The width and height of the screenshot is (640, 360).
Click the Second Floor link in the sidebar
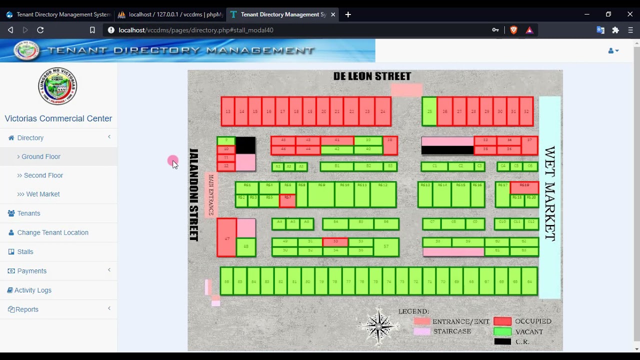click(x=43, y=175)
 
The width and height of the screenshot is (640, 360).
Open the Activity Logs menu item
click(x=33, y=290)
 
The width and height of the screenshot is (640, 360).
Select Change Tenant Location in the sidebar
click(x=52, y=232)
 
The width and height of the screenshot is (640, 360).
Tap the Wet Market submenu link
click(x=42, y=194)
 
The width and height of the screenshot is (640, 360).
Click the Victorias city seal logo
click(x=58, y=86)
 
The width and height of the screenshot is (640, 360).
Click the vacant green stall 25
click(x=429, y=111)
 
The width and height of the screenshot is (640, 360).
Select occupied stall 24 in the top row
click(x=383, y=111)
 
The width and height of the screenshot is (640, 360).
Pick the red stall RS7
click(x=287, y=200)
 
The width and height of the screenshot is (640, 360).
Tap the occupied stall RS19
click(x=524, y=187)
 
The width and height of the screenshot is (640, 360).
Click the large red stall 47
click(x=226, y=238)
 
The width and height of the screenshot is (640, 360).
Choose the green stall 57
click(x=386, y=247)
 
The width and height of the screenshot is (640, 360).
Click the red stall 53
click(x=335, y=241)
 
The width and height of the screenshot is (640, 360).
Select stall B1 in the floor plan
click(x=336, y=166)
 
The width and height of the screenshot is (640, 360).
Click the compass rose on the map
click(x=378, y=326)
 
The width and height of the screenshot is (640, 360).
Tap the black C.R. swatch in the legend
click(x=502, y=341)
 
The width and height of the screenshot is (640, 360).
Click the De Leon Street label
click(x=372, y=76)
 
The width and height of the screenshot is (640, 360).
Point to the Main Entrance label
click(x=211, y=194)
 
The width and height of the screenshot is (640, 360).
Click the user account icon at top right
click(x=613, y=50)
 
